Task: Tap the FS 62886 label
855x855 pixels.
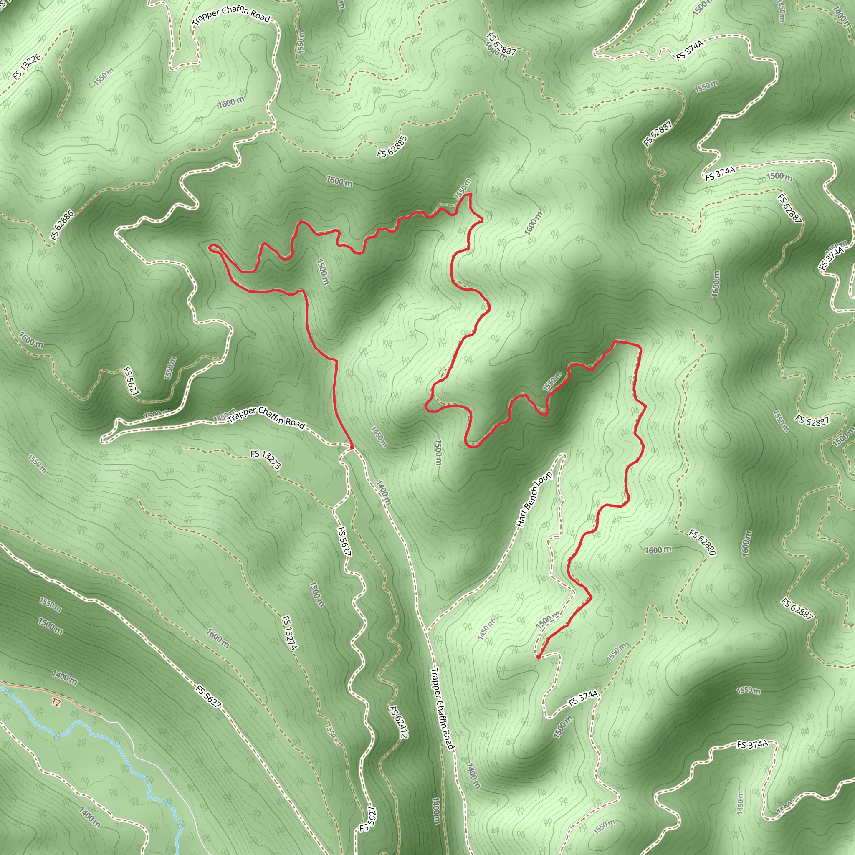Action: (62, 226)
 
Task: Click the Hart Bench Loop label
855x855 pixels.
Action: (535, 499)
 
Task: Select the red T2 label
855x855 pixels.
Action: (56, 702)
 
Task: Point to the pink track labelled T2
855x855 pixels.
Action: (27, 693)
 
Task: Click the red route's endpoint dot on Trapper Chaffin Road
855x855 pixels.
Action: (352, 448)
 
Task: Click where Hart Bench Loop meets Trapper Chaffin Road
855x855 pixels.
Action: (425, 631)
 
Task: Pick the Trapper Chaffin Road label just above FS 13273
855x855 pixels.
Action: (267, 417)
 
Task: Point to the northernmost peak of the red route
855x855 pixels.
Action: (470, 194)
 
